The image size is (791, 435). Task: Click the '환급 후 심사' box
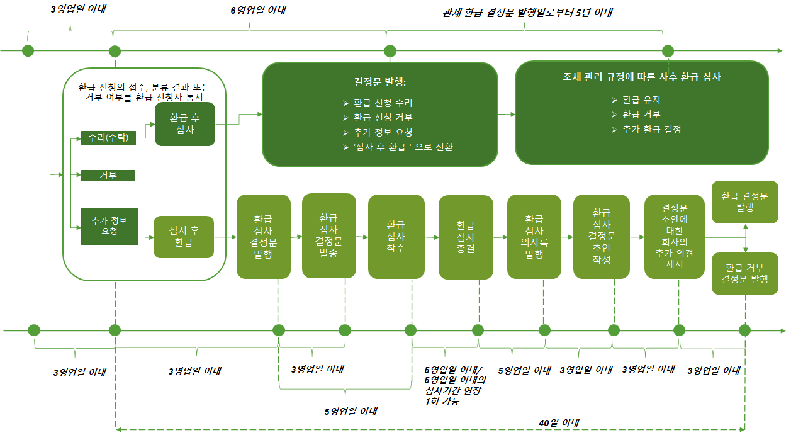click(185, 124)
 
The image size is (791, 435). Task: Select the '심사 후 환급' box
click(184, 237)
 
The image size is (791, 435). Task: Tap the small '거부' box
click(108, 176)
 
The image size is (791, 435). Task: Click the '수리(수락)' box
click(108, 138)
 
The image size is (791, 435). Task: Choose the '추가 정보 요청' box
click(109, 226)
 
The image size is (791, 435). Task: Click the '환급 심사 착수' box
click(395, 237)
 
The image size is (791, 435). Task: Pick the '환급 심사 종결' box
click(466, 237)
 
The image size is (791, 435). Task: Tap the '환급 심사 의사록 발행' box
click(534, 237)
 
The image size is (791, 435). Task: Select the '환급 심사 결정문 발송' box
click(328, 235)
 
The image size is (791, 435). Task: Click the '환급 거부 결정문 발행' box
click(744, 273)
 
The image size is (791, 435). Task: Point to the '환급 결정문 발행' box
click(744, 201)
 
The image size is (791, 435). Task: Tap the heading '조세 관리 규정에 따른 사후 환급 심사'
click(641, 77)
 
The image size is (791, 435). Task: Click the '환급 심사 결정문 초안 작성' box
click(601, 237)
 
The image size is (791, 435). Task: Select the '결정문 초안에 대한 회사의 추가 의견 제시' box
click(674, 237)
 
